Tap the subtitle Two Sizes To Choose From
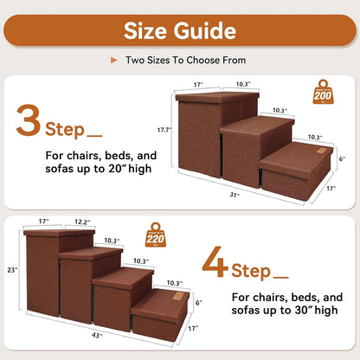click(x=186, y=61)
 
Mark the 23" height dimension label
click(x=10, y=268)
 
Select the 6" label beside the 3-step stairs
click(x=341, y=158)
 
